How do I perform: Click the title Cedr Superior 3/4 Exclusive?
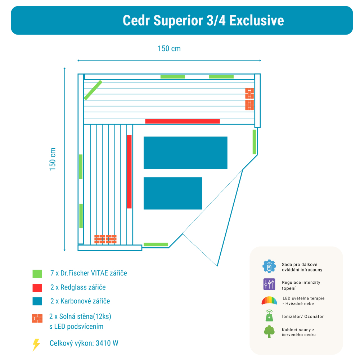tap(203, 21)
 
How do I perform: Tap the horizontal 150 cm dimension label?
tap(169, 49)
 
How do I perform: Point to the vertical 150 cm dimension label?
tap(53, 159)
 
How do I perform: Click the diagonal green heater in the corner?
tap(93, 90)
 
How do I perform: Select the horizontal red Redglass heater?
tap(182, 121)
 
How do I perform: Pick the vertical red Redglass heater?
tap(129, 171)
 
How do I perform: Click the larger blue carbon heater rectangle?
tap(185, 153)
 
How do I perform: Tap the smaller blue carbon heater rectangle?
tap(173, 193)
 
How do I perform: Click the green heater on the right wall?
tap(254, 142)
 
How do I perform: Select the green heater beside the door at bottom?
tap(156, 244)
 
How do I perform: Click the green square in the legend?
tap(37, 274)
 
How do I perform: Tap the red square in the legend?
tap(37, 288)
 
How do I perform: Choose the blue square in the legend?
tap(37, 301)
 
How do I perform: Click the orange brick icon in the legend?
tap(37, 319)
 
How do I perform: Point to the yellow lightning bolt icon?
tap(36, 345)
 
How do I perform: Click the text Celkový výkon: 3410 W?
tap(84, 343)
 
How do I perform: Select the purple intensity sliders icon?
tap(269, 284)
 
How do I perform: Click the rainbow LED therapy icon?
tap(269, 300)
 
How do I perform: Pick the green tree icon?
tap(269, 332)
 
